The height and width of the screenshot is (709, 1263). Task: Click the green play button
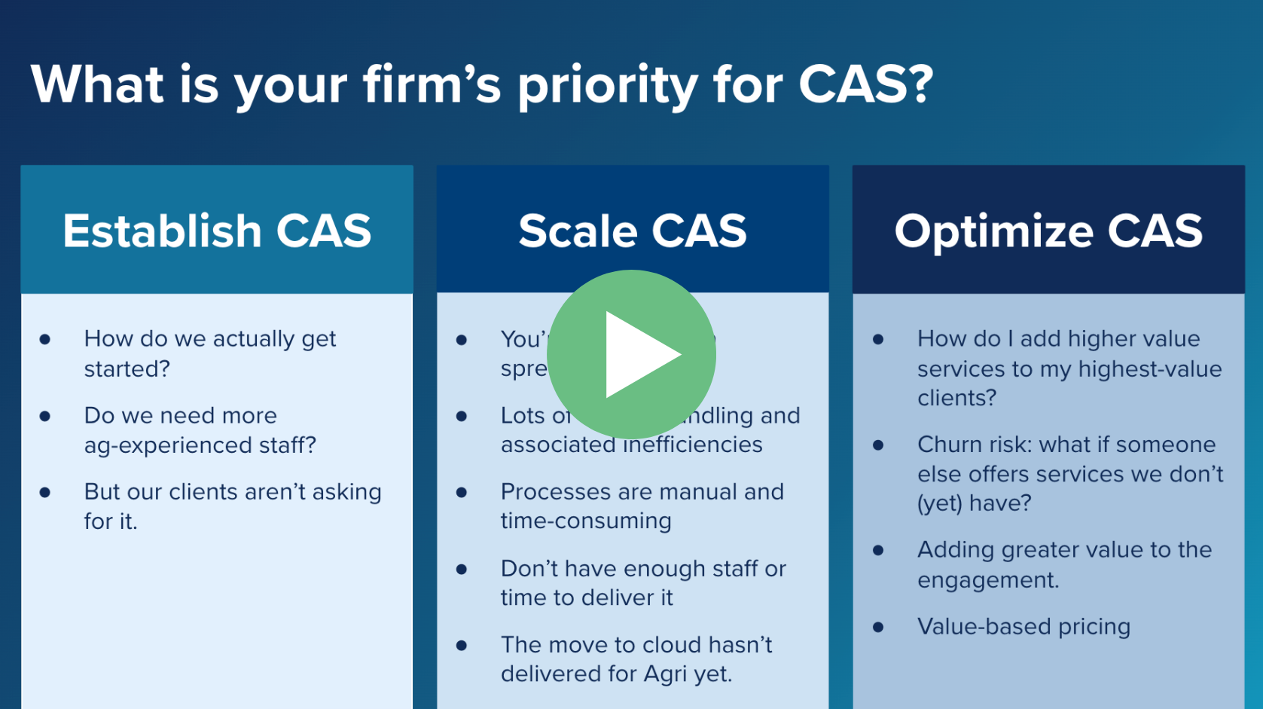point(631,354)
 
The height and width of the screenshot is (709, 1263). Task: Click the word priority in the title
point(608,85)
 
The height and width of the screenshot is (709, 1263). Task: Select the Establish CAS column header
point(217,231)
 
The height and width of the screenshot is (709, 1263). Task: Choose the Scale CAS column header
point(633,231)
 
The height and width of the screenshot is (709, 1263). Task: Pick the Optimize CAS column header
point(1048,231)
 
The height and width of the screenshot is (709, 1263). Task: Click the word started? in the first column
point(127,369)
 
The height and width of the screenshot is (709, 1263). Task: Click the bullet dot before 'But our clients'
point(45,493)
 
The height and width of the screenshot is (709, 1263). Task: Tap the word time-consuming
point(586,521)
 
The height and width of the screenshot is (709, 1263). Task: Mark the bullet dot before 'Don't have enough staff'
point(462,570)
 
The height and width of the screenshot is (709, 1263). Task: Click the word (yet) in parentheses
point(939,503)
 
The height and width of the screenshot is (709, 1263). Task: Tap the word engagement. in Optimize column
point(988,581)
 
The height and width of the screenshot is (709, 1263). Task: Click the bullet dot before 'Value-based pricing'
point(878,628)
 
